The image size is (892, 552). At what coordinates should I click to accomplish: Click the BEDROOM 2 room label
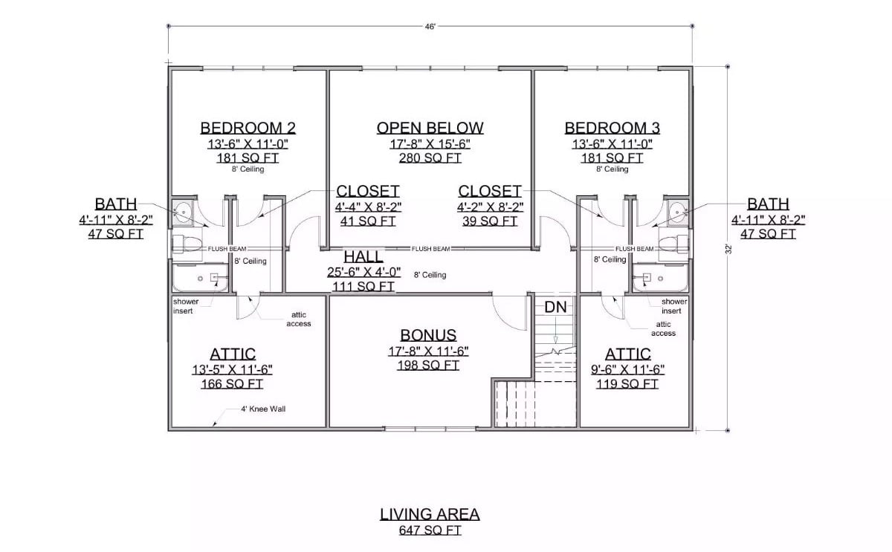[242, 128]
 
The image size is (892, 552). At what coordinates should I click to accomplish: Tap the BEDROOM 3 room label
[612, 128]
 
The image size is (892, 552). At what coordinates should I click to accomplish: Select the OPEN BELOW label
[430, 128]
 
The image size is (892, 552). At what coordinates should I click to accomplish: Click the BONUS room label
[428, 335]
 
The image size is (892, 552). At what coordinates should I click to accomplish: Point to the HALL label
[363, 256]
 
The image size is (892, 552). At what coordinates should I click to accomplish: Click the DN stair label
[555, 307]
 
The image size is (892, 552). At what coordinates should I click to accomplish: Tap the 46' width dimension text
[430, 26]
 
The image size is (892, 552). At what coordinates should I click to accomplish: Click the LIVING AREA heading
[430, 514]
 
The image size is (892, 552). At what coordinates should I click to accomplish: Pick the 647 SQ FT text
[430, 530]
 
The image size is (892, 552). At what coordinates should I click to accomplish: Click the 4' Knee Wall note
[263, 409]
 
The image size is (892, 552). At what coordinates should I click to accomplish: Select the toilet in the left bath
[184, 244]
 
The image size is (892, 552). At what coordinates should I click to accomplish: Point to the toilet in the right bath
[676, 244]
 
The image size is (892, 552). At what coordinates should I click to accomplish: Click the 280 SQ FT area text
[430, 158]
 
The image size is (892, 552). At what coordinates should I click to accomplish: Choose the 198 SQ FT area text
[428, 366]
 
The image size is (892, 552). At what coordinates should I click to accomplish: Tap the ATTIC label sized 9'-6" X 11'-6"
[627, 354]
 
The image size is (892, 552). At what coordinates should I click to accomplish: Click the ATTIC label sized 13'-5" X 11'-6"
[232, 354]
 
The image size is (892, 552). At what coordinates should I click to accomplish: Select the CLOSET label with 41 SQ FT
[368, 191]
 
